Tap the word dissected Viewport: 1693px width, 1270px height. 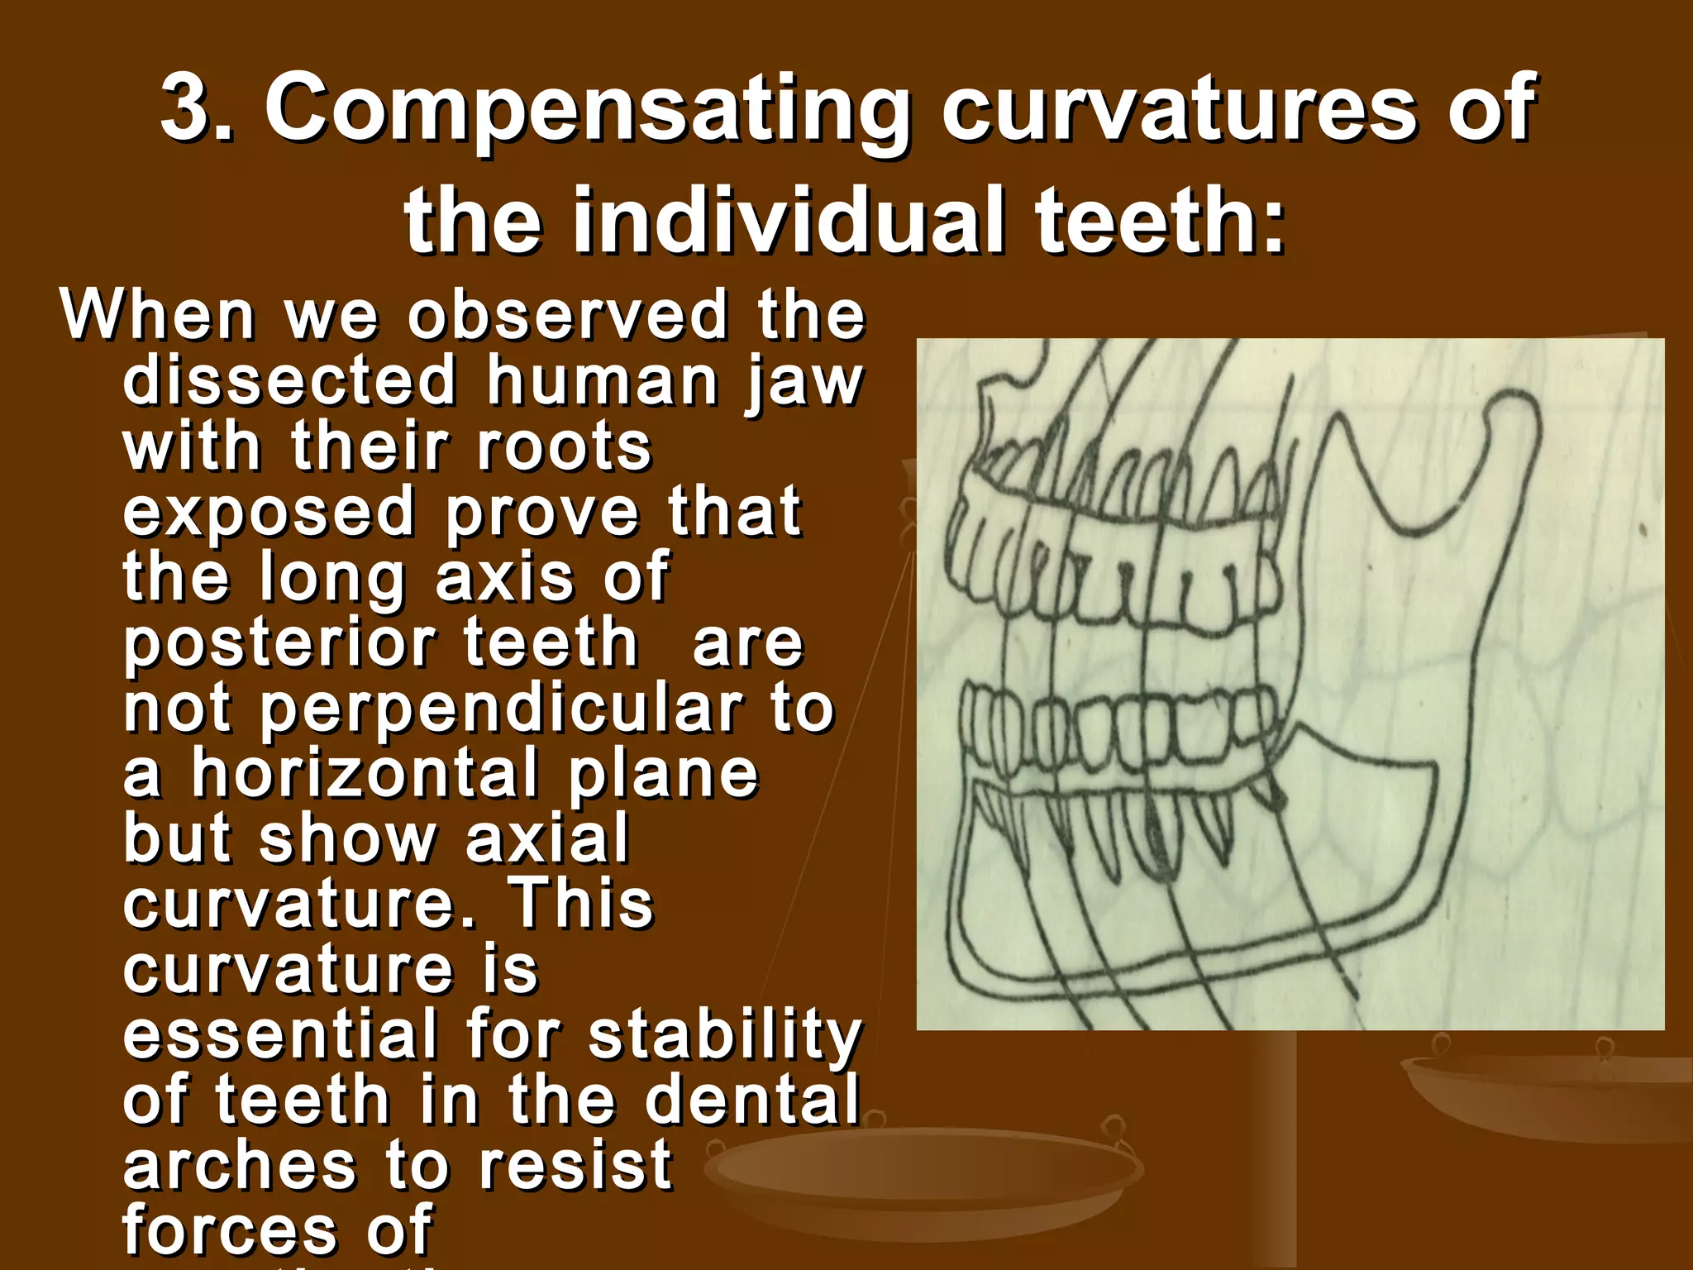(289, 380)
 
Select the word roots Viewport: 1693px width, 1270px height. (565, 446)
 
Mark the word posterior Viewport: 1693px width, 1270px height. (279, 645)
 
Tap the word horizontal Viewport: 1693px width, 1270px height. (365, 774)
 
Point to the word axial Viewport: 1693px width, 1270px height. (547, 838)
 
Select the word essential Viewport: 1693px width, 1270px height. (279, 1034)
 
